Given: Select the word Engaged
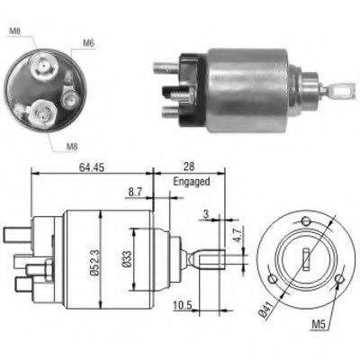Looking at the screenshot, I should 191,181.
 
